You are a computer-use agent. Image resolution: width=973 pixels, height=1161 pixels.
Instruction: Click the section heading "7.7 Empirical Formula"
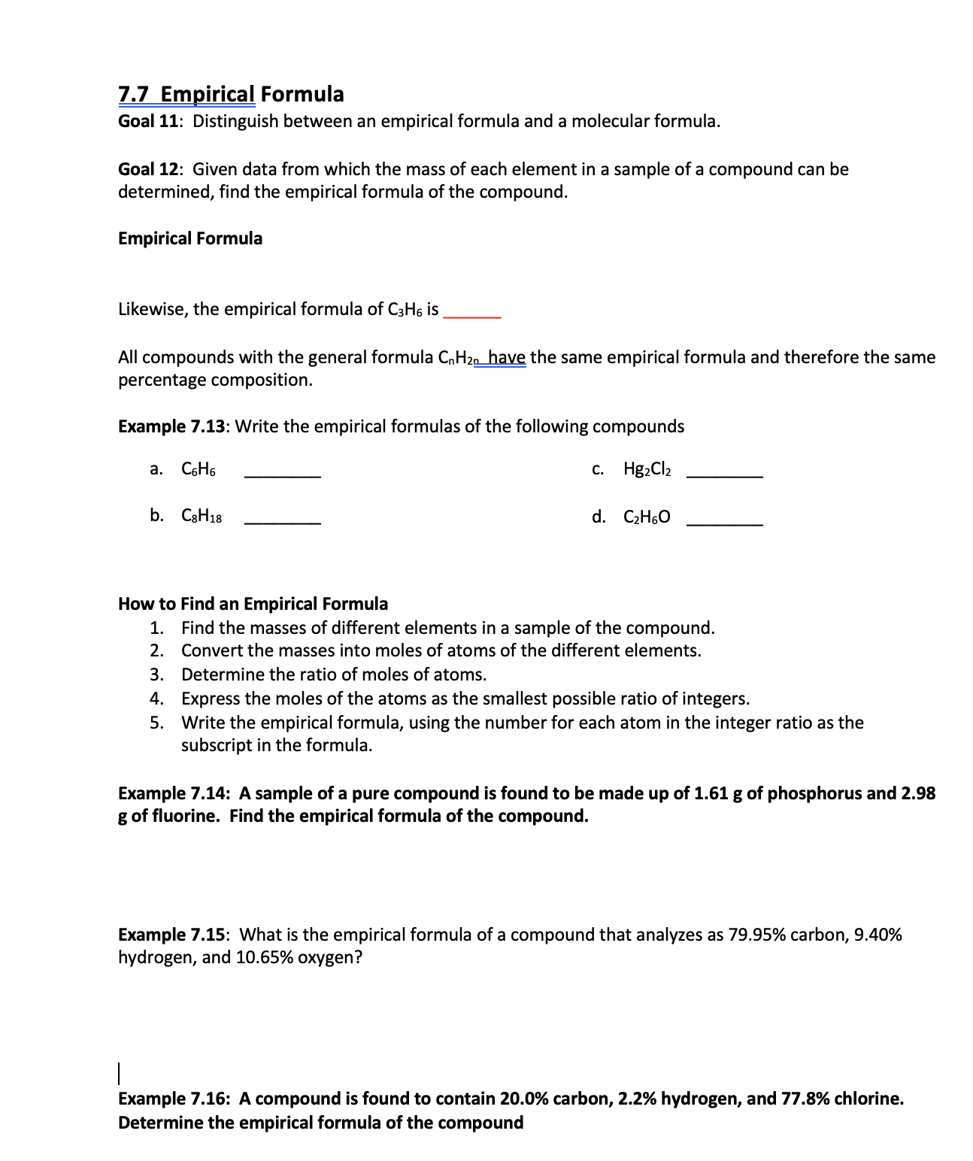click(x=231, y=94)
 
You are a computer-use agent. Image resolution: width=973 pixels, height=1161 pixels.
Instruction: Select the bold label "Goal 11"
click(x=147, y=122)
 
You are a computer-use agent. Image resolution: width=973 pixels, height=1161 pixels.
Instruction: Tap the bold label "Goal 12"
click(x=147, y=170)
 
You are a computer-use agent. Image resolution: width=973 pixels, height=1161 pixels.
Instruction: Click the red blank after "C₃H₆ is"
click(x=472, y=314)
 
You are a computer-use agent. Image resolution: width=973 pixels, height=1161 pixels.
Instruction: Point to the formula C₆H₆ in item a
click(x=199, y=470)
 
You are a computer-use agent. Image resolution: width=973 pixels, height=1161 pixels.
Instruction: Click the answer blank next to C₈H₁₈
click(x=283, y=520)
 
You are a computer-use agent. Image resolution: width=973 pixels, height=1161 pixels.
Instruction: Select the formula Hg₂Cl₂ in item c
click(x=647, y=470)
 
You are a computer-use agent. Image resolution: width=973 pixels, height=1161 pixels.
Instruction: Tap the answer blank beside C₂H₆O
click(x=725, y=520)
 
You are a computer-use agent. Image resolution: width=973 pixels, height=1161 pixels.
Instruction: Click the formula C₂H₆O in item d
click(x=647, y=517)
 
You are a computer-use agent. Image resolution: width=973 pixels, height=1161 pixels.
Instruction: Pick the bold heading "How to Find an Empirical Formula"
click(x=253, y=604)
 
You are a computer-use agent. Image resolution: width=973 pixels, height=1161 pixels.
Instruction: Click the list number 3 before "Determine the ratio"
click(x=156, y=674)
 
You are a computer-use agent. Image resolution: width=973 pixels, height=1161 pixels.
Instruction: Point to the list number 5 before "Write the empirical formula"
click(x=156, y=723)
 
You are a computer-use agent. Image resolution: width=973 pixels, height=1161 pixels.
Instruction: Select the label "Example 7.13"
click(x=171, y=427)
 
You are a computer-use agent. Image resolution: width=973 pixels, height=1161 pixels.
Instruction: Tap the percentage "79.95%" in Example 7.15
click(x=757, y=935)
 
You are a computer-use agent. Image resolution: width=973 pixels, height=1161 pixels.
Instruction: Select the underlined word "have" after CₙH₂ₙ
click(x=508, y=357)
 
